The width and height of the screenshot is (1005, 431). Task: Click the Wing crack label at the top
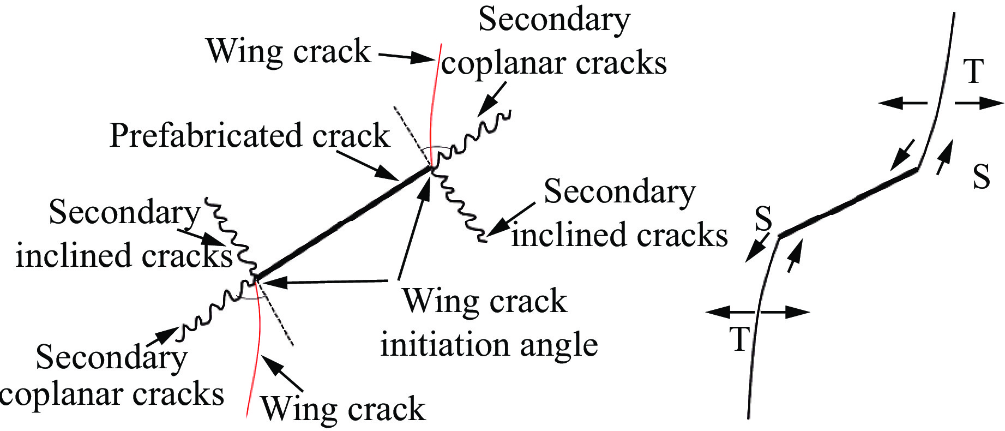pyautogui.click(x=288, y=52)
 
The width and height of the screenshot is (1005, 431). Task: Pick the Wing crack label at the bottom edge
pyautogui.click(x=343, y=409)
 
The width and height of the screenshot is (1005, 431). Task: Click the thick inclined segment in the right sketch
pyautogui.click(x=848, y=203)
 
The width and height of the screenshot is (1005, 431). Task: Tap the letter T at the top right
pyautogui.click(x=973, y=71)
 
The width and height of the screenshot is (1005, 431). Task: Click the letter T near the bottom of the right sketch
pyautogui.click(x=740, y=339)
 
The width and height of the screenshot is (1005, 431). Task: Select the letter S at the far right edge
pyautogui.click(x=982, y=177)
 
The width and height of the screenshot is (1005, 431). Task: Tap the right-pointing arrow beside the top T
pyautogui.click(x=979, y=103)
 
